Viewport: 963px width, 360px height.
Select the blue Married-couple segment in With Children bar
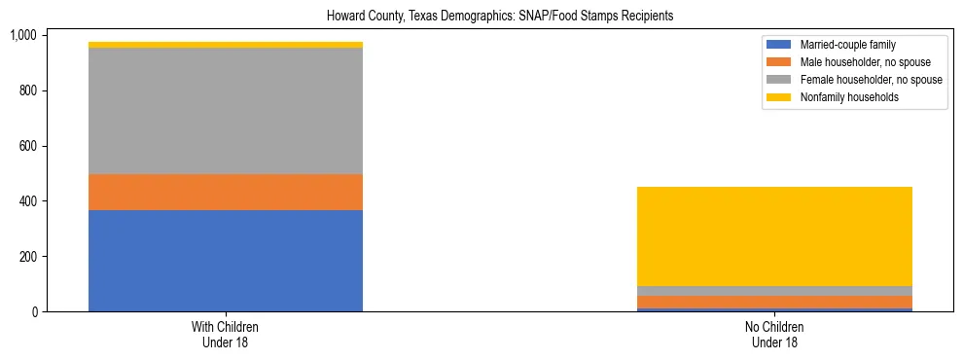pos(226,261)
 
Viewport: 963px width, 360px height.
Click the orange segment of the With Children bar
pos(226,192)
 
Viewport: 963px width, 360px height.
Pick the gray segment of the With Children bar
pos(226,111)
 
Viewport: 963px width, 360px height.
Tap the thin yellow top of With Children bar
pos(226,45)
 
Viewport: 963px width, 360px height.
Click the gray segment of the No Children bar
pos(774,291)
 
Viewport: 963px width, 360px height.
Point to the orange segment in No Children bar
pos(774,302)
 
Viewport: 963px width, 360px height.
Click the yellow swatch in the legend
pos(779,97)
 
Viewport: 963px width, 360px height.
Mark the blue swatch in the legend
pos(779,45)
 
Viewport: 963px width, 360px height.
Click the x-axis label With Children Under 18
pos(226,335)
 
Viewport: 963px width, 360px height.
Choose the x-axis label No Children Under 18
pos(774,335)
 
